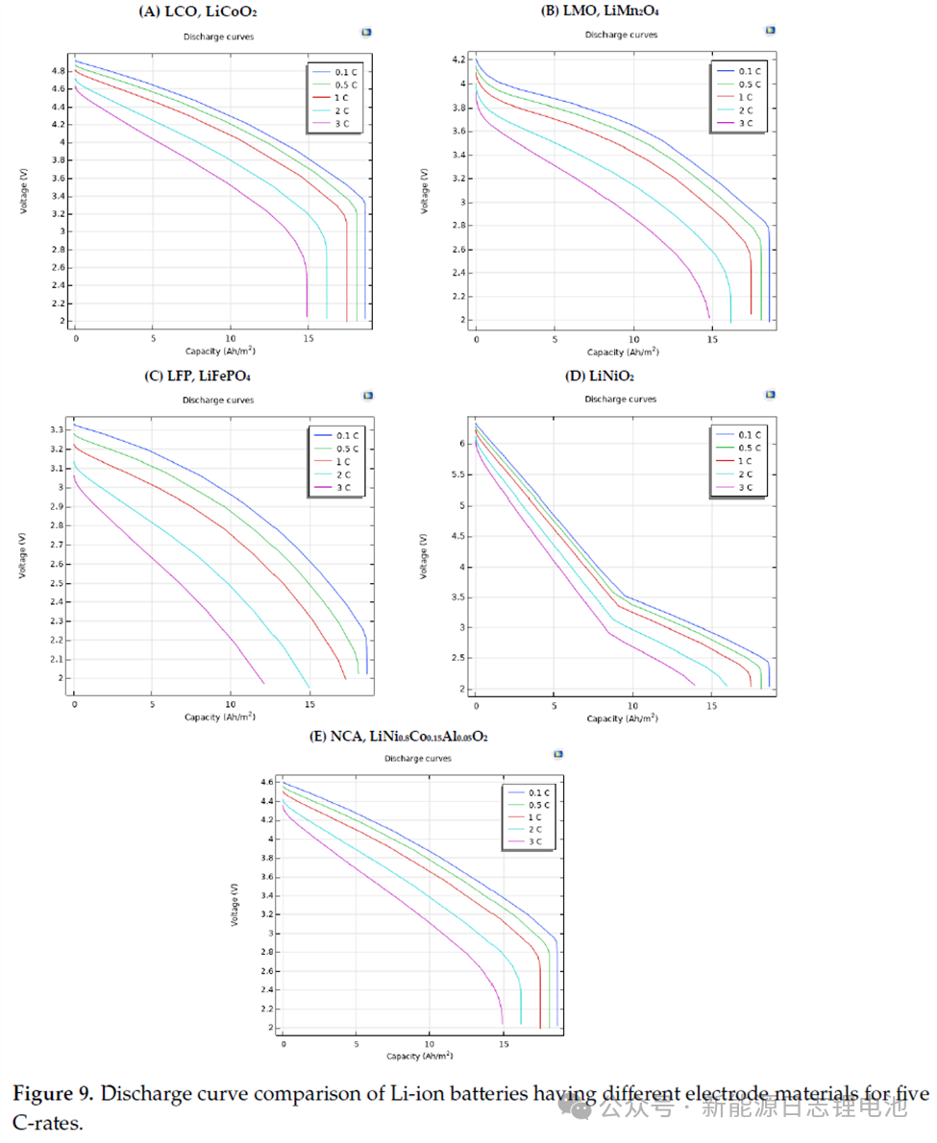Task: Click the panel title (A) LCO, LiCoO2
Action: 199,12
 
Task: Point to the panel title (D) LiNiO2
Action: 599,377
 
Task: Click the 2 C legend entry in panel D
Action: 747,474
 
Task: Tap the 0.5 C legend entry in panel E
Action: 539,805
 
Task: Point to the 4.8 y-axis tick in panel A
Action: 59,71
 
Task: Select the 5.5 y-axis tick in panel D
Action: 460,474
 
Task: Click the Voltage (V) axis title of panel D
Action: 424,556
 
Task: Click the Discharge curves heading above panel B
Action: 621,35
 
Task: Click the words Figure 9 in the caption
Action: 54,1093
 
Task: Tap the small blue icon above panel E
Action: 558,755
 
